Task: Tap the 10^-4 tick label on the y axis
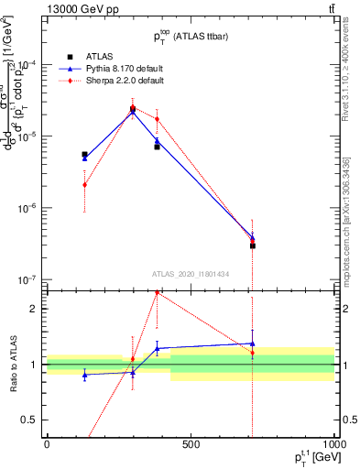pyautogui.click(x=27, y=64)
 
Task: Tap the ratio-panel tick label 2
pyautogui.click(x=34, y=309)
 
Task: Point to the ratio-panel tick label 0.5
pyautogui.click(x=30, y=420)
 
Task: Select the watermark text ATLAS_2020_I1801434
pyautogui.click(x=191, y=273)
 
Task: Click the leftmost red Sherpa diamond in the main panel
pyautogui.click(x=84, y=184)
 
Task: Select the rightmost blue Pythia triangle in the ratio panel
pyautogui.click(x=252, y=344)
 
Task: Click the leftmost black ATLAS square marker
pyautogui.click(x=84, y=155)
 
